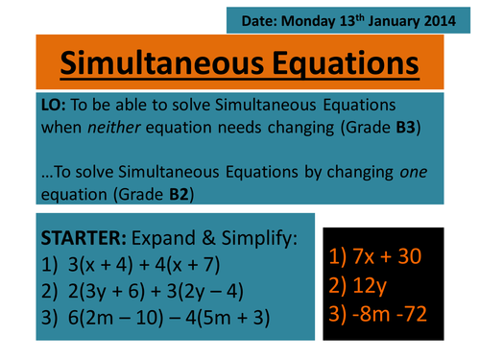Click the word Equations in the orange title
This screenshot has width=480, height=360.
[332, 63]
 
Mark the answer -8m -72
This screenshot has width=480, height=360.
[392, 315]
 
